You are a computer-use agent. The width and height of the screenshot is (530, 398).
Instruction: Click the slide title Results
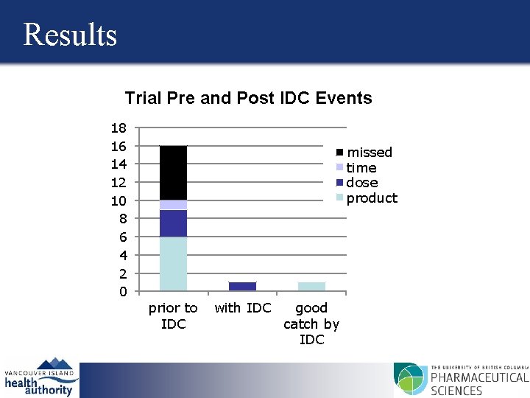point(70,35)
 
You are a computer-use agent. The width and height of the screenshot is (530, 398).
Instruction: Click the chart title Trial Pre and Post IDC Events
point(248,98)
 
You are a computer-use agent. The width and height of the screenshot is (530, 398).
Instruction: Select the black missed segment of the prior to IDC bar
point(173,172)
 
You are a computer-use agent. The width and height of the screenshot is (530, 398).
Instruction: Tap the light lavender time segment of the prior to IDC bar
point(173,205)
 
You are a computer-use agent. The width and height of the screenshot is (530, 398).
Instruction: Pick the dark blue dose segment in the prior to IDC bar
point(173,223)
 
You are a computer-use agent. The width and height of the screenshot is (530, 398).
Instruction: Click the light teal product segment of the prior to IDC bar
point(173,264)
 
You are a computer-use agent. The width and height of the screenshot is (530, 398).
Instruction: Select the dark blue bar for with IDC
point(242,287)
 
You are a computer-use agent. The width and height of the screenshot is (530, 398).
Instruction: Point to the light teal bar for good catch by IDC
point(311,287)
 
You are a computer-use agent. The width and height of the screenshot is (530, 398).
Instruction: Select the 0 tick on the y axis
point(122,292)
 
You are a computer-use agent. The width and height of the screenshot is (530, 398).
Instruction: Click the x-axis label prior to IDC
point(173,316)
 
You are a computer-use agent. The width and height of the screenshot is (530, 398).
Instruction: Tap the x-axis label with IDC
point(242,308)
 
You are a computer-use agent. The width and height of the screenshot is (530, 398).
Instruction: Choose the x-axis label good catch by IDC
point(311,324)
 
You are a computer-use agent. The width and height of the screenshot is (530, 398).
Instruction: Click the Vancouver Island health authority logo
point(40,377)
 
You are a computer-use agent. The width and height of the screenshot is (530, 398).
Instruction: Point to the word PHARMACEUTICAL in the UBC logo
point(478,378)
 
